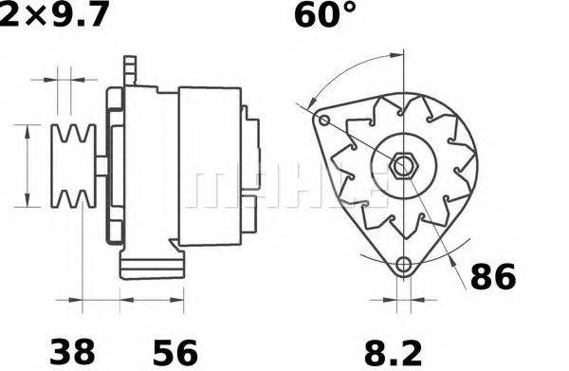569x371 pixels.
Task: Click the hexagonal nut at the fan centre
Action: pos(402,166)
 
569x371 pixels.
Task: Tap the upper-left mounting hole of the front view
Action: pos(323,121)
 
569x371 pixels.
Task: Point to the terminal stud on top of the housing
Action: pos(133,69)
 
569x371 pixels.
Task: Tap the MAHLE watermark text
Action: pos(284,190)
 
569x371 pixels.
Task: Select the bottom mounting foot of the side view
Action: pos(152,264)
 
